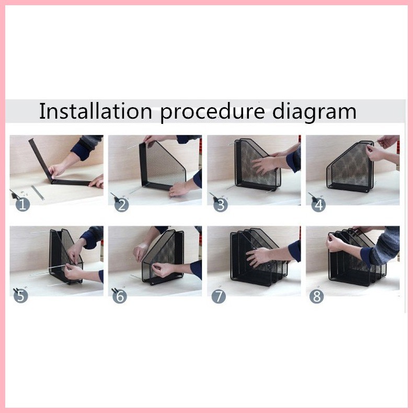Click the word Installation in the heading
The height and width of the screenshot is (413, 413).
pos(96,111)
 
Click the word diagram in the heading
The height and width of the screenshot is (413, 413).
pos(314,112)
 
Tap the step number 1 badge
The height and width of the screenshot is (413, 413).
pos(23,204)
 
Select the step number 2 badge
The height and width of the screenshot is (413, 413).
pos(122,204)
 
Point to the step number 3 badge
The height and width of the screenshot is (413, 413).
pos(221,204)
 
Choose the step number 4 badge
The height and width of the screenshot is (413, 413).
pos(318,204)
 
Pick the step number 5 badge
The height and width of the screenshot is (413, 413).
pos(22,296)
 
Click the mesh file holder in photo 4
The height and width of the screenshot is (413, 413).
pos(349,166)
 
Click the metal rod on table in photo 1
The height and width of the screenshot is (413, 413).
pos(37,191)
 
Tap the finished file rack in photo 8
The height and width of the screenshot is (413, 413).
pos(355,259)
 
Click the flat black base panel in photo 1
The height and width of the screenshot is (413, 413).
pos(71,182)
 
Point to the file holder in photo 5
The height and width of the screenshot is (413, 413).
pos(63,256)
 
